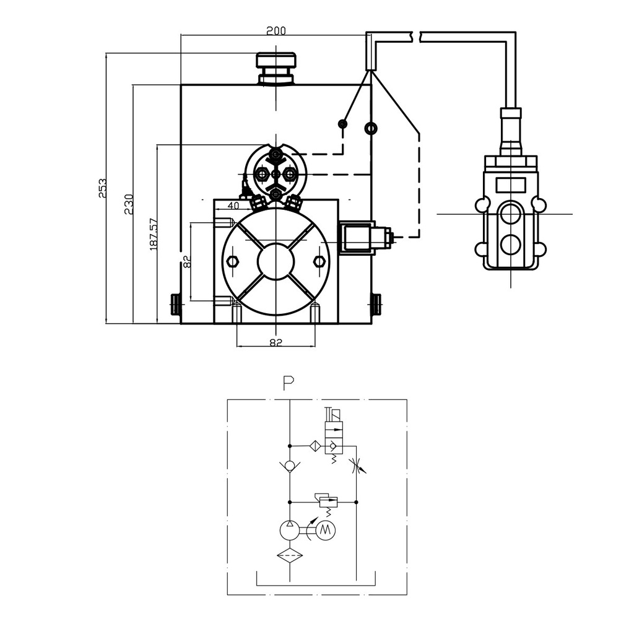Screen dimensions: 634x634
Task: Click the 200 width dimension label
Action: [x=276, y=30]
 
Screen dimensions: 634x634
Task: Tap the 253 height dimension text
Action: [x=102, y=188]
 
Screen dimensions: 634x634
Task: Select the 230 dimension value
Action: [x=129, y=204]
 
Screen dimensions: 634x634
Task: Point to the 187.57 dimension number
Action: [x=154, y=235]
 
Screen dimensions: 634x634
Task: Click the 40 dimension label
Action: [x=233, y=206]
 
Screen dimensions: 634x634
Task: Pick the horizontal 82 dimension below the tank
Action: [x=276, y=342]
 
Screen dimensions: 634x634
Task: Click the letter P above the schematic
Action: [x=289, y=383]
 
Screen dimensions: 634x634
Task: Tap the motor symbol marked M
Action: [x=326, y=530]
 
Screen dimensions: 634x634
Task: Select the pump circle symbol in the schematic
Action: [x=290, y=530]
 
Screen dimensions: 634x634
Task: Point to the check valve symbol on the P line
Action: [x=290, y=466]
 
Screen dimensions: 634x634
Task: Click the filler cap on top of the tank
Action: [x=276, y=69]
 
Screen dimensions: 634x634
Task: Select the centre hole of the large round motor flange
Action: [x=276, y=261]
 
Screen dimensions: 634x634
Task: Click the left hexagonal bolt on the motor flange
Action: [x=233, y=262]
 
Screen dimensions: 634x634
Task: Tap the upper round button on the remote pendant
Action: [x=510, y=214]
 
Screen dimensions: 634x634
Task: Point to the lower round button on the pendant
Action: [x=510, y=245]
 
